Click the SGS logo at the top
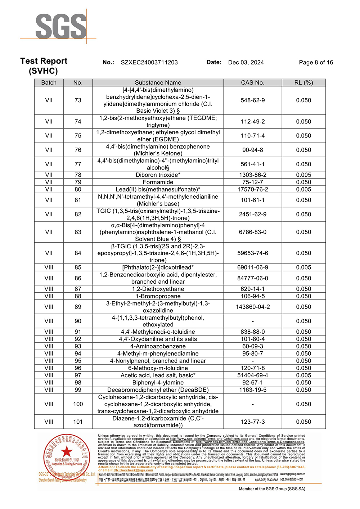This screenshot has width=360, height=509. point(61,26)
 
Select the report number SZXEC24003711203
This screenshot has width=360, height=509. point(149,62)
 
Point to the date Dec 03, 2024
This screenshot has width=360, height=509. point(246,62)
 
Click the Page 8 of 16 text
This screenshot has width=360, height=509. point(316,62)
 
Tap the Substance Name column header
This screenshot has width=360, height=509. point(158,82)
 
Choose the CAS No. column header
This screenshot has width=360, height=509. point(252,82)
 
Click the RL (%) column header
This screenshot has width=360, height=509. point(303,82)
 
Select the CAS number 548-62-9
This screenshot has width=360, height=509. point(252,100)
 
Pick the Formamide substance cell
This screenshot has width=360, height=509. point(158,182)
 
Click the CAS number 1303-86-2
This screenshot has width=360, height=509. point(252,175)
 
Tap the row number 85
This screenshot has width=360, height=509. point(78,267)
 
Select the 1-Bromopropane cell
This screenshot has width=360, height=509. point(158,296)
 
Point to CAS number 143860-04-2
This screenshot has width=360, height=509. point(252,307)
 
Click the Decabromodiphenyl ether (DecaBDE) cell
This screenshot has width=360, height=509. point(158,390)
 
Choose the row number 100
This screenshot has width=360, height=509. point(78,404)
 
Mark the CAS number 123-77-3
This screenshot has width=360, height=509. point(252,422)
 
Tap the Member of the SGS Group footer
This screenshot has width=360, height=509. point(272,489)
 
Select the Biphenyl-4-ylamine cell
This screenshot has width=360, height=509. point(158,383)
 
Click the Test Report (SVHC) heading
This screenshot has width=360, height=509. point(44,66)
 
